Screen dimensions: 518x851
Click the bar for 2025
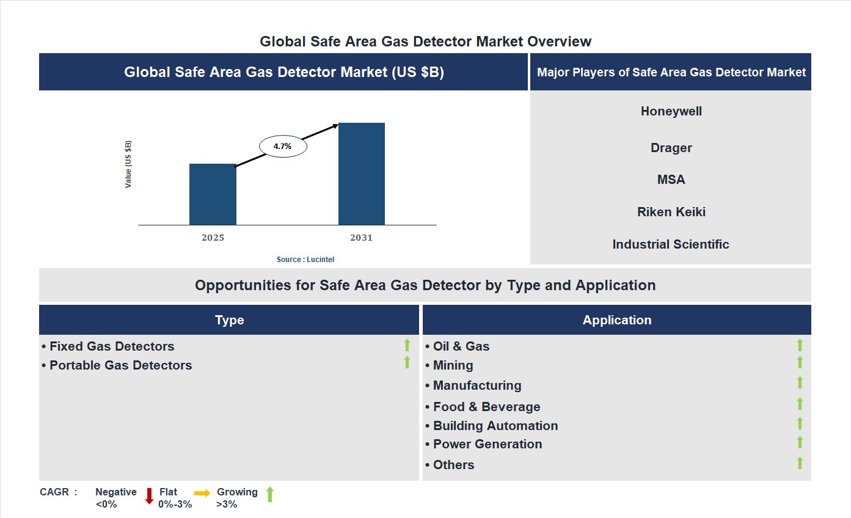click(213, 194)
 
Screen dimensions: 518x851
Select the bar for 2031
click(362, 174)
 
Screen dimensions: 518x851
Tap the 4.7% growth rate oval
click(283, 147)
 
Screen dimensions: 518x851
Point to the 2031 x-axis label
click(361, 238)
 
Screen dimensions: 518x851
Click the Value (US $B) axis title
click(128, 164)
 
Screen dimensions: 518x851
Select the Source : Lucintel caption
click(305, 260)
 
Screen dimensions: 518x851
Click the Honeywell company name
click(671, 111)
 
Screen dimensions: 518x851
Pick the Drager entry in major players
click(671, 148)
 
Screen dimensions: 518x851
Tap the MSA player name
click(671, 180)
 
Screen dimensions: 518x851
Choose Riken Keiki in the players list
click(671, 212)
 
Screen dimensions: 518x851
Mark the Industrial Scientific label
click(671, 244)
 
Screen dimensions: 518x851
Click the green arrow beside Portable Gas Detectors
click(407, 363)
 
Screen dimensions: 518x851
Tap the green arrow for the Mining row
click(800, 363)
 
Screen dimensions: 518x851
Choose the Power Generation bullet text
click(488, 444)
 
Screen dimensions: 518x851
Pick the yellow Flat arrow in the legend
click(202, 493)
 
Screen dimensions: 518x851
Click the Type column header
click(229, 320)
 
